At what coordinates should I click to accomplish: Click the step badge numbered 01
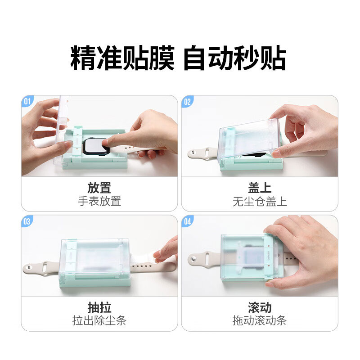[27, 101]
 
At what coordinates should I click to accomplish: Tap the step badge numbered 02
[187, 101]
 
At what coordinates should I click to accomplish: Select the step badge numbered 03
[27, 221]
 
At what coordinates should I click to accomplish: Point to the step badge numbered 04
[187, 221]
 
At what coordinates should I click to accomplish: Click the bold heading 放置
[99, 188]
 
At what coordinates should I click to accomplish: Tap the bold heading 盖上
[260, 188]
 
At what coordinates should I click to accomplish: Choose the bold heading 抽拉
[99, 308]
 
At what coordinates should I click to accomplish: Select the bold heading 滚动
[260, 308]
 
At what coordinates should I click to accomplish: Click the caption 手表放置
[99, 201]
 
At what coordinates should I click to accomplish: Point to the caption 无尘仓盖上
[260, 201]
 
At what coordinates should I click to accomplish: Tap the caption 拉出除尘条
[99, 321]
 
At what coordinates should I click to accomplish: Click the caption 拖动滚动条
[260, 321]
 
